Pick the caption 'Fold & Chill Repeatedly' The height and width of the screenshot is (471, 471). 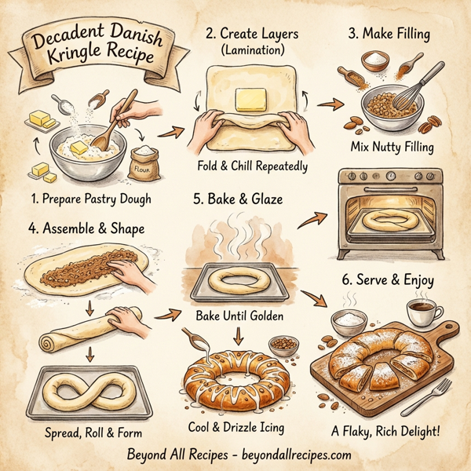(x=251, y=166)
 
